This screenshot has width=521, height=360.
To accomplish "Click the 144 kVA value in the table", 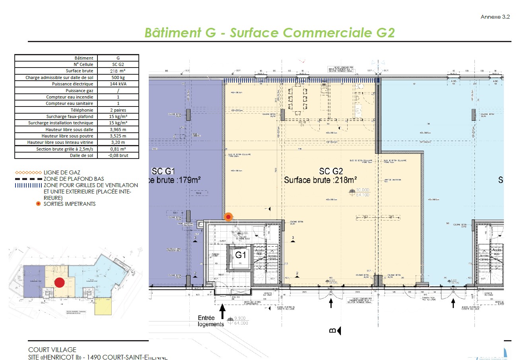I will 118,84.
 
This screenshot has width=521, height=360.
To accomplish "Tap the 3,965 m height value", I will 118,130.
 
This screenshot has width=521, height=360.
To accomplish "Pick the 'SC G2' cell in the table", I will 118,64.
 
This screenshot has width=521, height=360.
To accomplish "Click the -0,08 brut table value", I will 118,155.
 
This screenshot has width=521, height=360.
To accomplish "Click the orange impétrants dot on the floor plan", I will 228,217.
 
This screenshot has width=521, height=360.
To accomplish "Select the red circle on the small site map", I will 59,283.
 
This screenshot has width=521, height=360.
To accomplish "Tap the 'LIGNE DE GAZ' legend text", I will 59,173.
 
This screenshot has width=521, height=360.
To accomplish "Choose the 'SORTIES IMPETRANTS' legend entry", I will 70,204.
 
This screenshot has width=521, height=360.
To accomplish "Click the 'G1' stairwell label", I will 240,255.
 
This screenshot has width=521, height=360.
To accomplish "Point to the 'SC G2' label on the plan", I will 331,171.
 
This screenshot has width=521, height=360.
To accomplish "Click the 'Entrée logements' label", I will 211,321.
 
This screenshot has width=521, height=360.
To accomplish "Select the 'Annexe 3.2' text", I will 495,17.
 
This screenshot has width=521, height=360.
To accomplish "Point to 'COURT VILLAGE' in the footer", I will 52,350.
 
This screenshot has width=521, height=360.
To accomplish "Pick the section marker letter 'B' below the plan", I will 332,330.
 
